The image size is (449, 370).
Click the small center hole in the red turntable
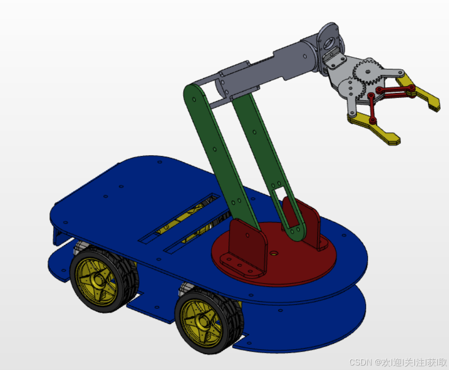(274, 253)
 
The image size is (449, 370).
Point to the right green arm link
(266, 160)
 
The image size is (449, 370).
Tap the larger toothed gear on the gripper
(367, 72)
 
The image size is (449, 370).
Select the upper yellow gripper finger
(418, 92)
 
